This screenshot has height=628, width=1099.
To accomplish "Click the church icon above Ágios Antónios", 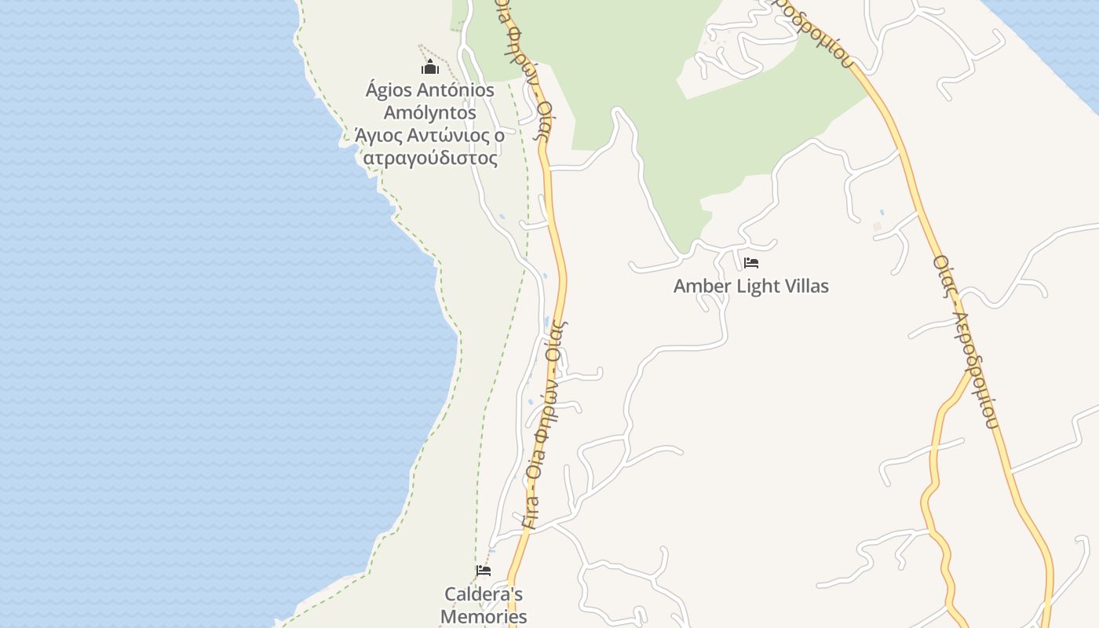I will point(430,68).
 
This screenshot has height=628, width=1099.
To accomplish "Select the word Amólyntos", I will point(429,113).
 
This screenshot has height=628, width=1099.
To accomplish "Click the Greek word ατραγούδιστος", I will point(430,159).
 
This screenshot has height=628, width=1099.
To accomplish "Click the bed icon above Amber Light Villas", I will point(751,263).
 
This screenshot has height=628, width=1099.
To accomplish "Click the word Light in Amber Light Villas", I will point(758,287).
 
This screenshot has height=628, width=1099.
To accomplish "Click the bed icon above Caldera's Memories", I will point(484,571).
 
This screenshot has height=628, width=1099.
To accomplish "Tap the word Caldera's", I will point(484,594).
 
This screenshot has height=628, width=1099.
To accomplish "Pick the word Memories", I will point(484,617).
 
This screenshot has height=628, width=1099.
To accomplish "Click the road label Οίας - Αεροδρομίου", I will point(966,341).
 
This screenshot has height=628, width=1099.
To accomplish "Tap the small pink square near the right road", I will point(877,227).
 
